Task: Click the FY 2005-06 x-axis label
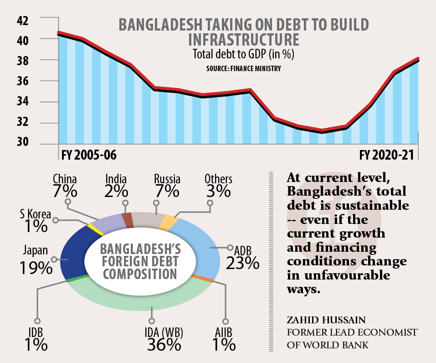[88, 156]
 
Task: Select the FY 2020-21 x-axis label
[389, 156]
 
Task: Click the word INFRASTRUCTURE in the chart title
[243, 39]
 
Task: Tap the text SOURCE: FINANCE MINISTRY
[243, 69]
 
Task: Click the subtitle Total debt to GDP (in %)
[243, 55]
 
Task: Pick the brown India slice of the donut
[128, 220]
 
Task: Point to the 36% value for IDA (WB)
[164, 345]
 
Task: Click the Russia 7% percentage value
[167, 191]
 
